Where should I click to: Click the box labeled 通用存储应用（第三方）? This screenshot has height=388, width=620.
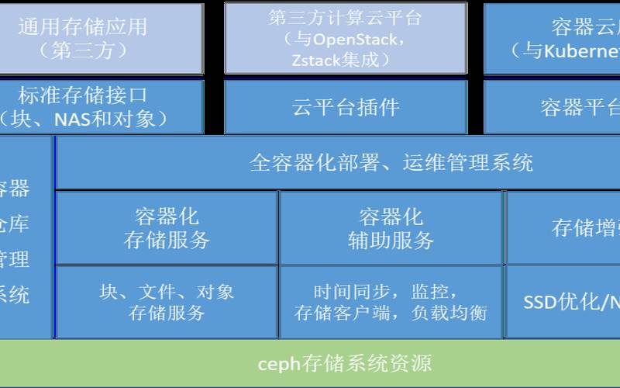point(102,38)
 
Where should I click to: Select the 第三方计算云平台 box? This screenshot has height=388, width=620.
point(346,38)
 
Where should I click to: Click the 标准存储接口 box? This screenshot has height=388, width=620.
point(102,107)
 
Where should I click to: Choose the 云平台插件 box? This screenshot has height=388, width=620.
point(346,107)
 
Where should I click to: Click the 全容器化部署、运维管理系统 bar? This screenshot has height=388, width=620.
point(391,163)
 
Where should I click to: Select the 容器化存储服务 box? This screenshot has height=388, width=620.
point(167,228)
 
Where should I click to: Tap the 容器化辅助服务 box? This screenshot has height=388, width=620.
point(391,228)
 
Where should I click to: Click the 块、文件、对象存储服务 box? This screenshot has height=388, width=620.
point(167,302)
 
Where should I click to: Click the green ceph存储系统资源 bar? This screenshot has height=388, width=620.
point(310,363)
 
